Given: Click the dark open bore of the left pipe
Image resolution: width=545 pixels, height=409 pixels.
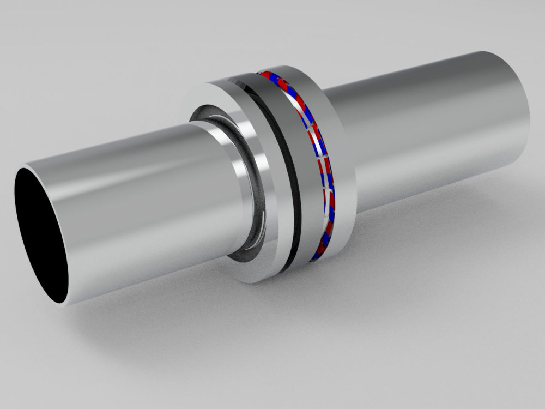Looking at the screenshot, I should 41,234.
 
